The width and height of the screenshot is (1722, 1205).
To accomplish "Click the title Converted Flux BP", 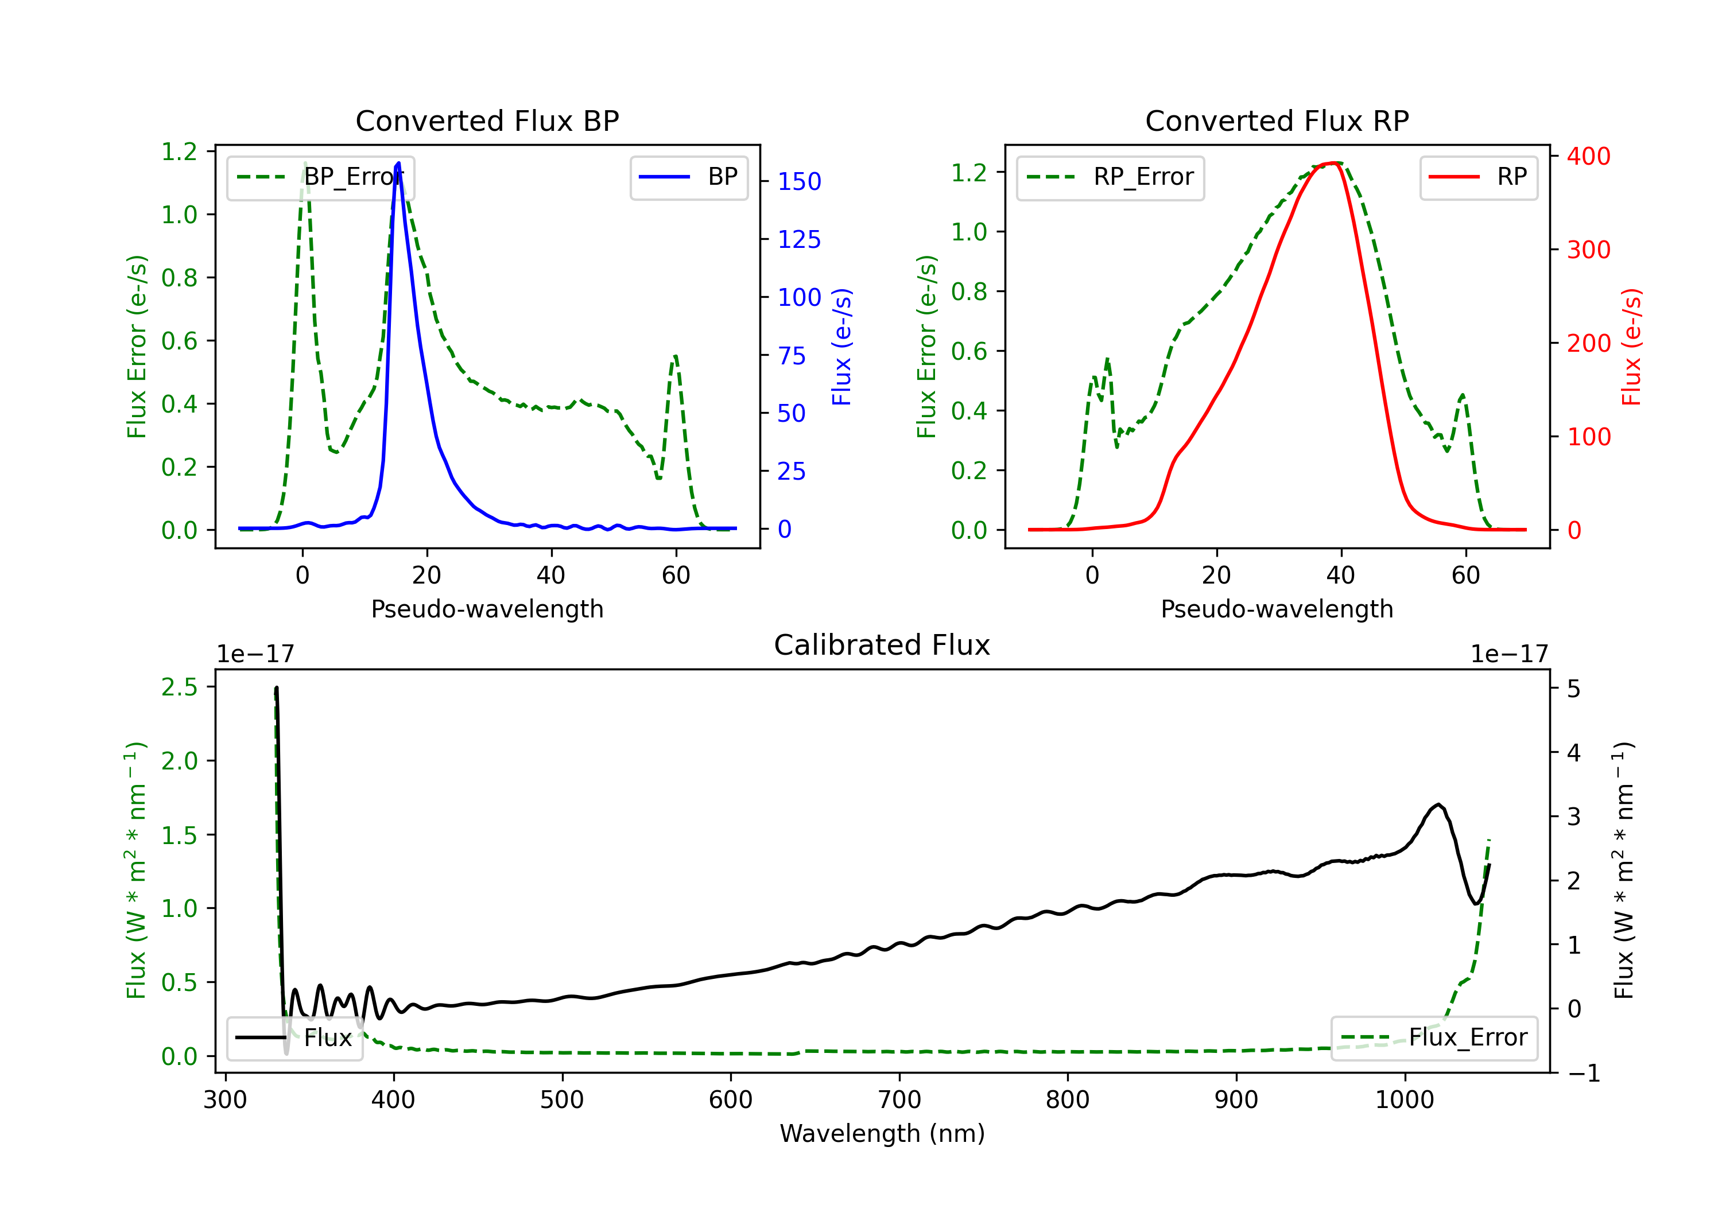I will click(x=487, y=120).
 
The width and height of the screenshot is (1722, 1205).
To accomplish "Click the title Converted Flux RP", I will click(x=1277, y=120).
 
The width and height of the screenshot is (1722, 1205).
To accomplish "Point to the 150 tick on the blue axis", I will click(x=799, y=181).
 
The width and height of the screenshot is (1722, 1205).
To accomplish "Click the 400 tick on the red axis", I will click(x=1588, y=156).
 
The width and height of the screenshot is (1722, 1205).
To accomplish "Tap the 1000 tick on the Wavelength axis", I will click(x=1404, y=1100).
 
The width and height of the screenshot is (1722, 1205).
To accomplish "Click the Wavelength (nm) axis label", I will click(x=882, y=1133).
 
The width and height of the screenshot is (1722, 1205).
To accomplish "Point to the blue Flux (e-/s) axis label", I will click(x=841, y=347).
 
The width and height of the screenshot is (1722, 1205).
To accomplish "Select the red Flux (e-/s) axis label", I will click(x=1631, y=347).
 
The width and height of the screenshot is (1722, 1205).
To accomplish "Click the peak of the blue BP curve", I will click(x=398, y=163).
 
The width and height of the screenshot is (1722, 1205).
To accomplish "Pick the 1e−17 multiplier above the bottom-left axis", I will click(x=255, y=655).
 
